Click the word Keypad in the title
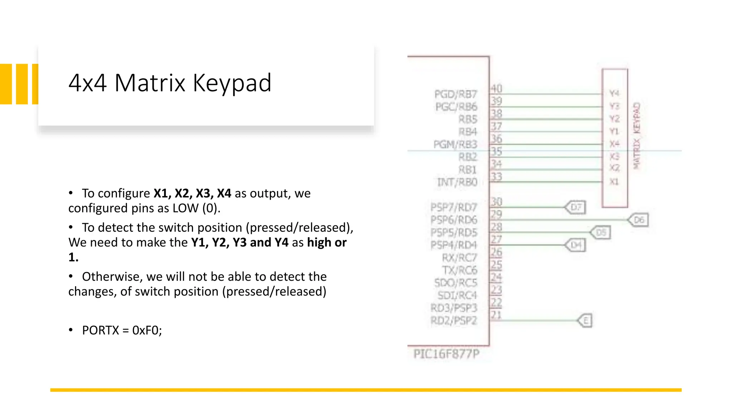coord(232,83)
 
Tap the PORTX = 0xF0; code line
coord(122,330)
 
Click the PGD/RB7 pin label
coord(456,94)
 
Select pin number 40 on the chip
coord(496,88)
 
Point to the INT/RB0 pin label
coord(457,182)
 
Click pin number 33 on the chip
coord(496,177)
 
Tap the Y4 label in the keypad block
coord(614,93)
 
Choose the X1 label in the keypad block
coord(614,182)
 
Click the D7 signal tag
coord(576,207)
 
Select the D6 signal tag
coord(639,220)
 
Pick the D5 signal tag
coord(601,232)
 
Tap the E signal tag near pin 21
coord(586,321)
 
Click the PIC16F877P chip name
coord(446,354)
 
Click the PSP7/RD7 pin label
coord(454,207)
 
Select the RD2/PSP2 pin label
coord(454,321)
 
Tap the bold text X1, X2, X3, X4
coord(192,193)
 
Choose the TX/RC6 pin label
coord(459,270)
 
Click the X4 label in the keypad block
coord(614,144)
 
